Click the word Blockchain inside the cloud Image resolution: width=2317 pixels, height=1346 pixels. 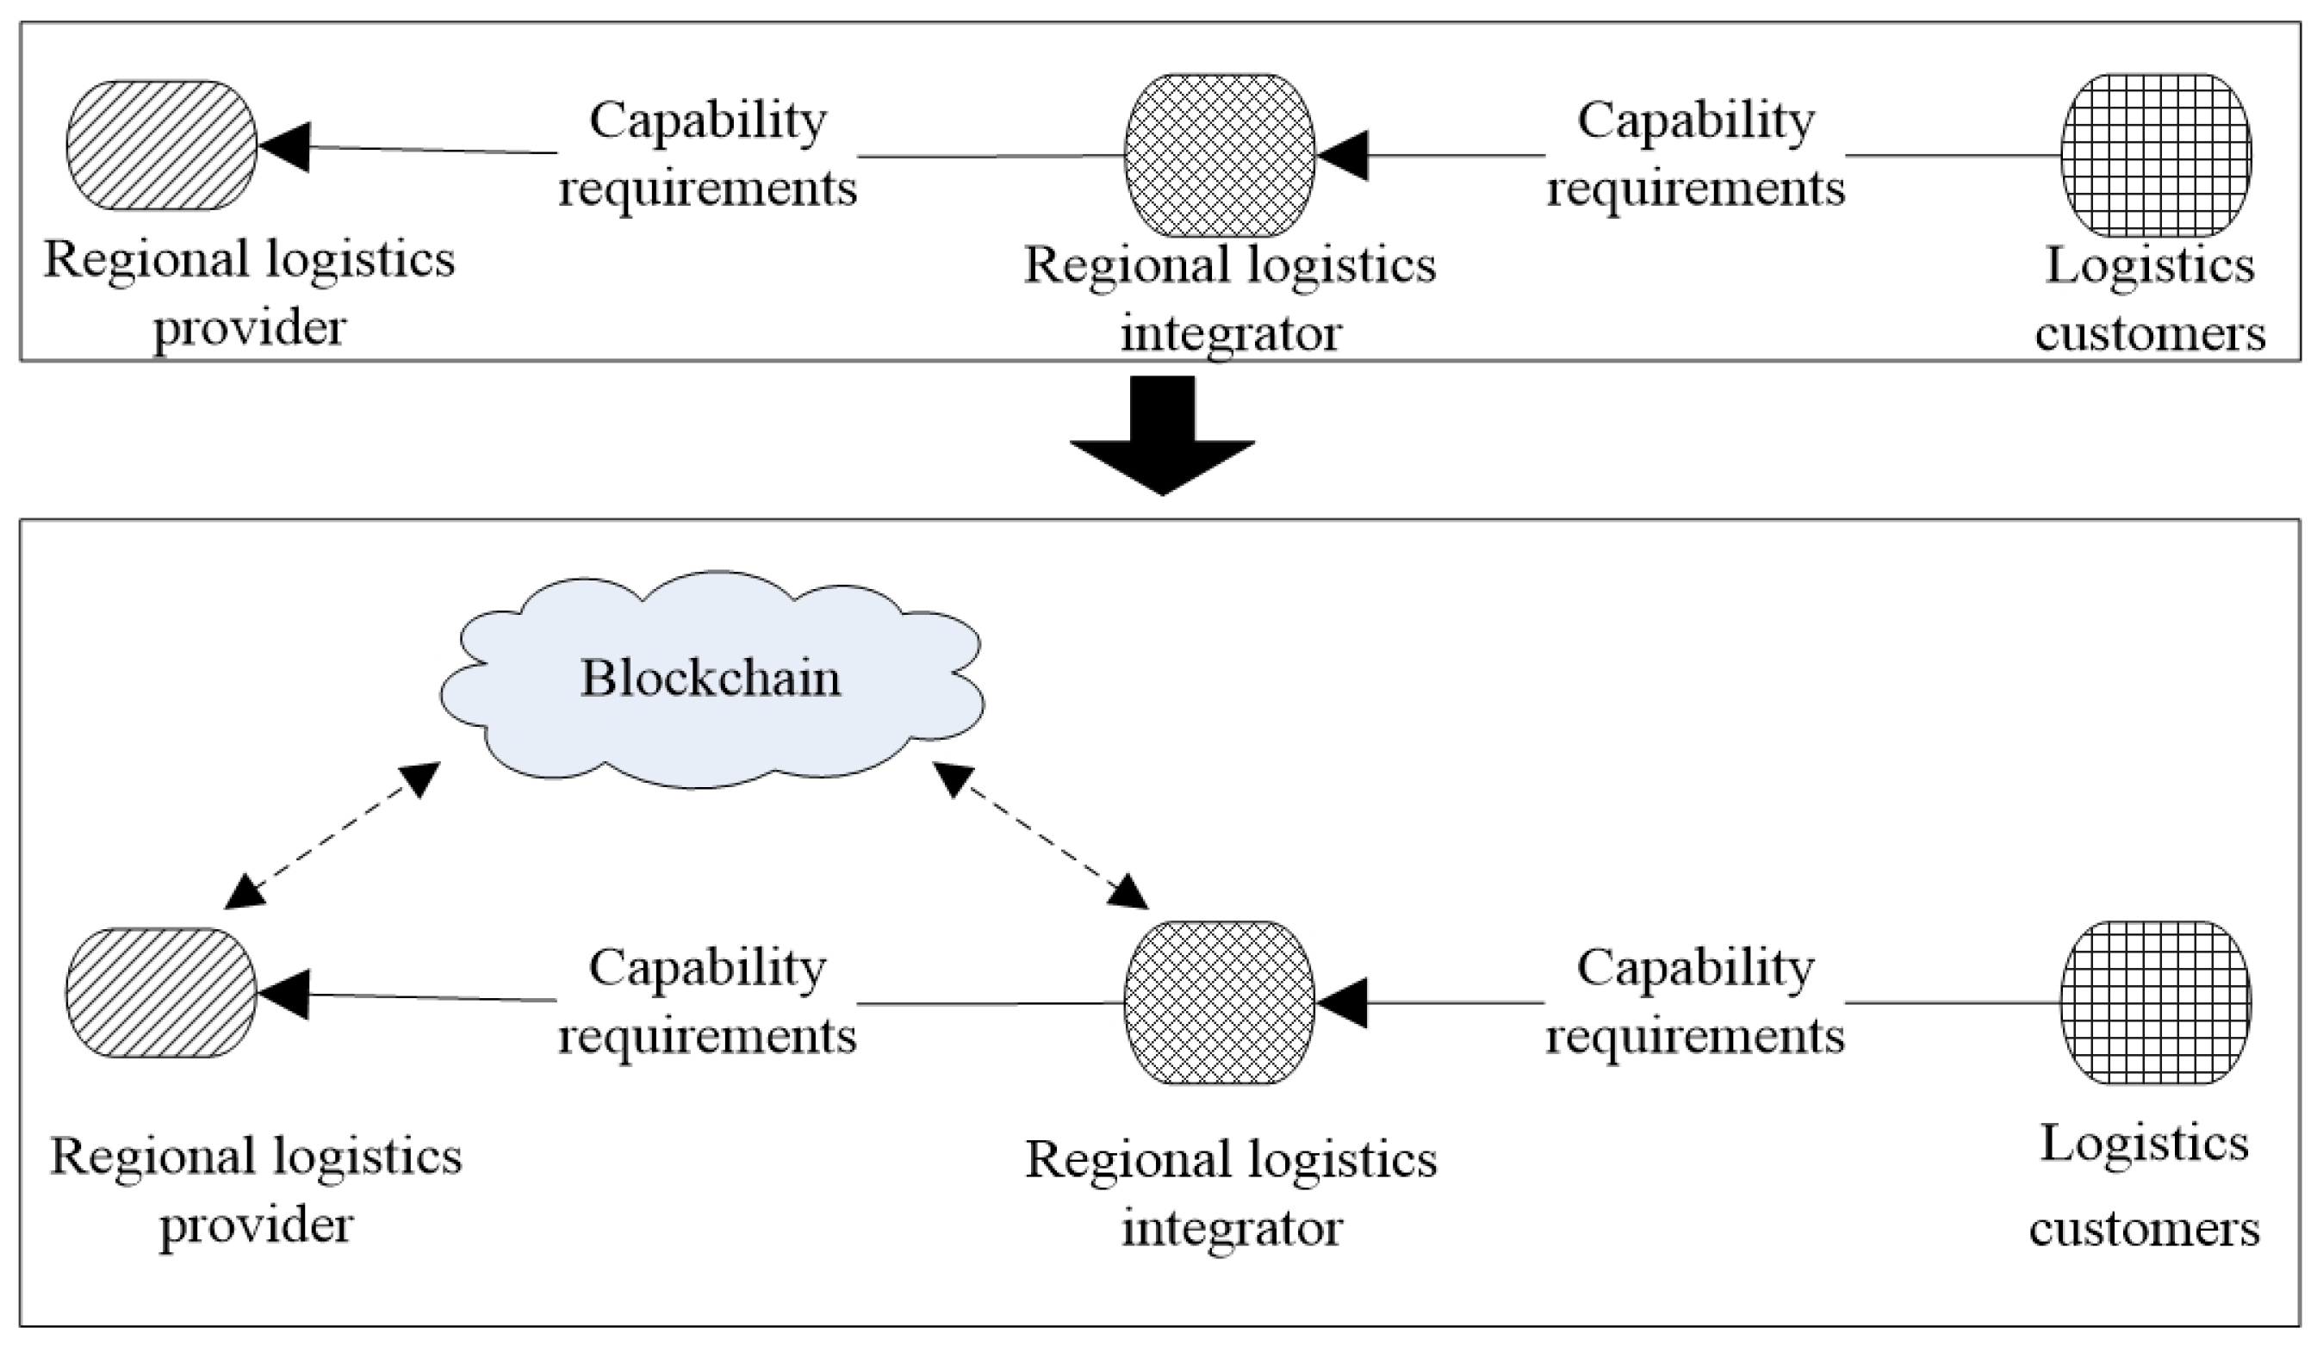[710, 679]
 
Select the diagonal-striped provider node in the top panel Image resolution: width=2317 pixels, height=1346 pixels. [161, 146]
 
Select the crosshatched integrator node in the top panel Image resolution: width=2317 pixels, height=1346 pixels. [1219, 154]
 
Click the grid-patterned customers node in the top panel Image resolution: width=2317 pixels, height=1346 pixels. [2155, 154]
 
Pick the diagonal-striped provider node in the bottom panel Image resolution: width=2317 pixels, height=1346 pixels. [161, 993]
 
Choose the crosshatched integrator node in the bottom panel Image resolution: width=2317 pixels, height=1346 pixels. [1219, 1002]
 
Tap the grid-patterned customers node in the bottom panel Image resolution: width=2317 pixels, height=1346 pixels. [2155, 1002]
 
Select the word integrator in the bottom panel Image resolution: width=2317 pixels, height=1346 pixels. [1232, 1228]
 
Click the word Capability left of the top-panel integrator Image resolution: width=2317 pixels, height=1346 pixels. [708, 121]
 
